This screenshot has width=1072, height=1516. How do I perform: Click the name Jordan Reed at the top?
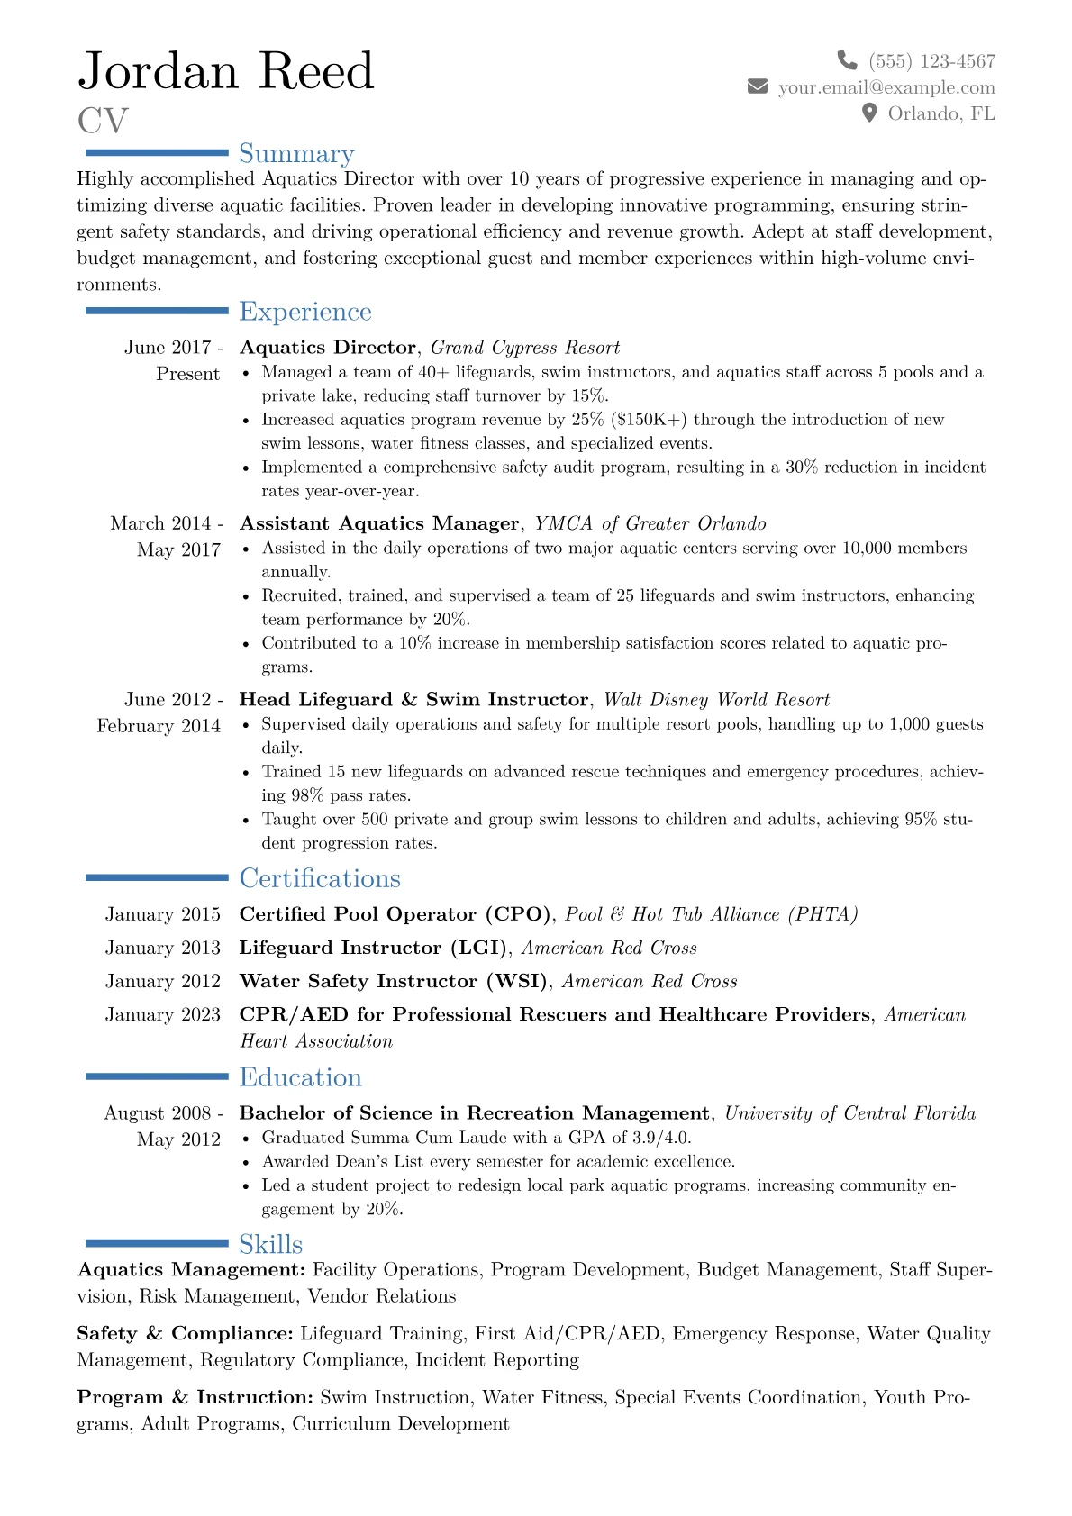coord(225,71)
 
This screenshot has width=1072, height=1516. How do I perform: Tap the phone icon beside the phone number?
coord(847,60)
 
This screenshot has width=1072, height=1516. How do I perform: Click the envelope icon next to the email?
coord(758,86)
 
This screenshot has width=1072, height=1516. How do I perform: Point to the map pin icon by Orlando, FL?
coord(869,113)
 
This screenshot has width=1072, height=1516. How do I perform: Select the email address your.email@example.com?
coord(886,87)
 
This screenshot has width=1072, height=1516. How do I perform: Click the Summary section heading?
coord(296,154)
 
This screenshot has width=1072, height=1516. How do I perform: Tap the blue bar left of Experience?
coord(157,311)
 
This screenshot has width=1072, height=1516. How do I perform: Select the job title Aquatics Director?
coord(328,348)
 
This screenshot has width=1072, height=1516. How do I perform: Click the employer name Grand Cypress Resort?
coord(525,348)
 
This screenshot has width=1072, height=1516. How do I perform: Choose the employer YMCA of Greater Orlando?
coord(650,523)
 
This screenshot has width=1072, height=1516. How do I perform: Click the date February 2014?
coord(159,726)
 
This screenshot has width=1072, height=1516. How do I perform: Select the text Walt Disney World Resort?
coord(716,700)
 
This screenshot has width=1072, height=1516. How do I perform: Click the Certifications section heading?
coord(320,878)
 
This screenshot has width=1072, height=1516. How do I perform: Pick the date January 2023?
coord(162,1015)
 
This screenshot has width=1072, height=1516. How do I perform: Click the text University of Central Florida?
coord(849,1113)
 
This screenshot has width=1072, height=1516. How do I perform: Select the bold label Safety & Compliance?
coord(186,1334)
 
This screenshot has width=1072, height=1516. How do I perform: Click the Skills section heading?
coord(270,1244)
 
